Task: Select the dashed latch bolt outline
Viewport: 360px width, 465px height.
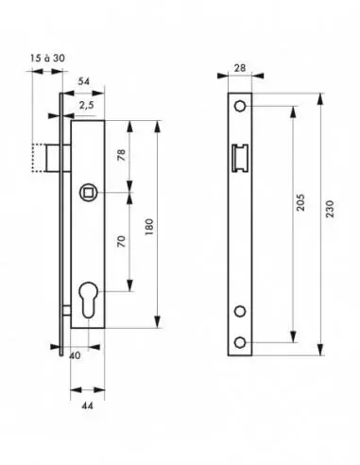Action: point(41,158)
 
